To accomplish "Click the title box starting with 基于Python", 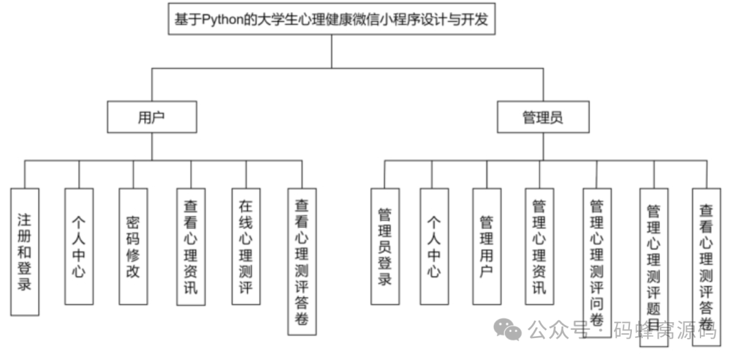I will tap(331, 19).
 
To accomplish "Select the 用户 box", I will tap(152, 117).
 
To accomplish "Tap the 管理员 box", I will tap(543, 117).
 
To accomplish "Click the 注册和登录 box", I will tap(25, 251).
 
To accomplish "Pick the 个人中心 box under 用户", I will tap(79, 246).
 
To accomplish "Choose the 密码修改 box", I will tap(133, 246).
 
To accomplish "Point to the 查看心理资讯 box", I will tap(190, 246).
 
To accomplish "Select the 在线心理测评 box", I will tap(246, 246).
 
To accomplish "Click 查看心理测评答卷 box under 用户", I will tap(302, 261).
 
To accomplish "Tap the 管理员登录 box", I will tap(385, 246).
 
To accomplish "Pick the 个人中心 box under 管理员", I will tap(434, 246).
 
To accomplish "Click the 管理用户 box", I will tap(486, 246).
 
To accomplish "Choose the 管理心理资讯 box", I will tap(539, 246).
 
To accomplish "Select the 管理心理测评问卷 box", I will tap(597, 261).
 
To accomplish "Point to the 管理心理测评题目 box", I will tap(654, 267).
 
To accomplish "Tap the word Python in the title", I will tap(222, 20).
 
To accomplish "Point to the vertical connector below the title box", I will tap(331, 51).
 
